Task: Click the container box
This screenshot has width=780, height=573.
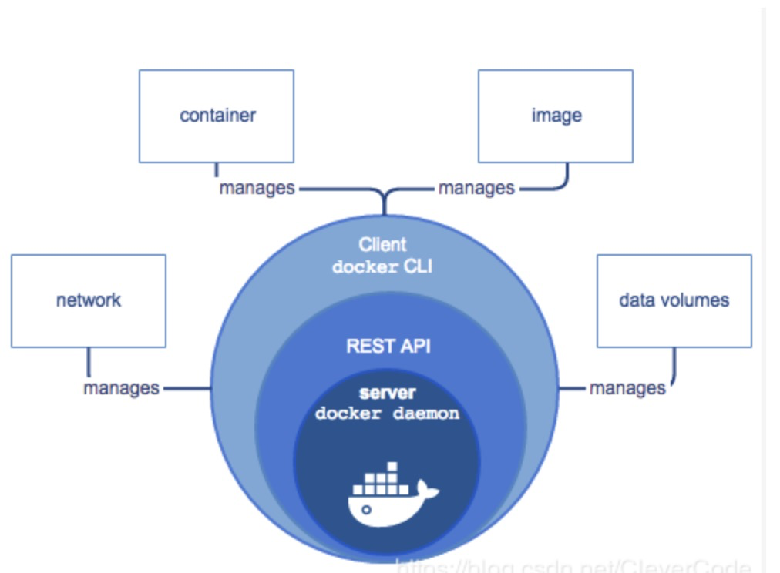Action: point(217,116)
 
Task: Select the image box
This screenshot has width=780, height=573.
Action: point(556,116)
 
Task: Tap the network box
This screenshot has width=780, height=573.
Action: point(89,300)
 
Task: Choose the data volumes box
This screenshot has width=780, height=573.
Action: point(674,300)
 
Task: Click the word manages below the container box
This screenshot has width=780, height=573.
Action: point(257,188)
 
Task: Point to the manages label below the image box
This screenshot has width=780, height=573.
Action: point(476,188)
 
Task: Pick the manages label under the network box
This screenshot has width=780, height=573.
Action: point(121,387)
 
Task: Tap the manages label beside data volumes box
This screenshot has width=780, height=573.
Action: point(627,387)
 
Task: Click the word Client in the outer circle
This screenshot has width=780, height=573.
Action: point(382,245)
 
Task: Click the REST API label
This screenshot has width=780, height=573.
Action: point(388,346)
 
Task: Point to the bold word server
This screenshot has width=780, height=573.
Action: point(387,394)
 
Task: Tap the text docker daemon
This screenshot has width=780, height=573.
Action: point(387,414)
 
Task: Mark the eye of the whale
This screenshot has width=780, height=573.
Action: point(366,509)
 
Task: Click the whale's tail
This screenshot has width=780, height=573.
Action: point(425,490)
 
